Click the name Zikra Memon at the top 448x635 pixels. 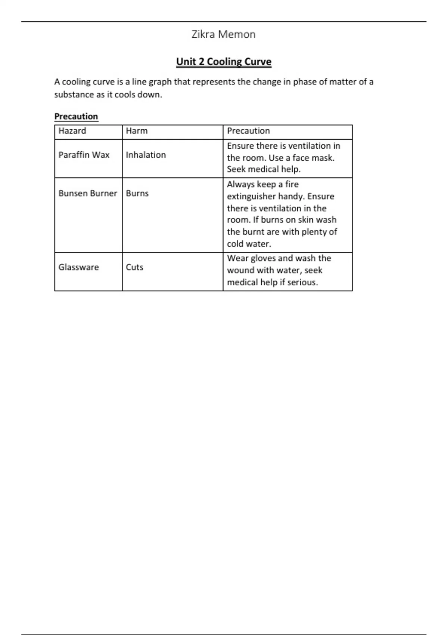[x=223, y=34]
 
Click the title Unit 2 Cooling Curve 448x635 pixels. [x=224, y=62]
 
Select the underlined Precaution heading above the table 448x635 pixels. [x=76, y=117]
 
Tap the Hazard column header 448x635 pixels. [x=72, y=131]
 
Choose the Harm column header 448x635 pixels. [x=137, y=131]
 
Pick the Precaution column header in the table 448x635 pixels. [x=248, y=131]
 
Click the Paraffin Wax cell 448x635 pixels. [x=84, y=155]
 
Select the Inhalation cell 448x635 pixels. [x=146, y=155]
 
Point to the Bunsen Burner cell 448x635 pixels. [x=88, y=193]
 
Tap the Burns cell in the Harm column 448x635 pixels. [x=137, y=193]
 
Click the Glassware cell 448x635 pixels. [x=78, y=267]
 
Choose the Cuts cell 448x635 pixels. [x=134, y=267]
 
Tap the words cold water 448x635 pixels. [x=249, y=244]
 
